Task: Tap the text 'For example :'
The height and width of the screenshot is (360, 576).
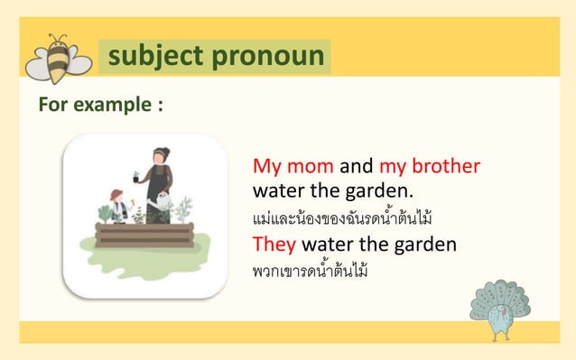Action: [99, 105]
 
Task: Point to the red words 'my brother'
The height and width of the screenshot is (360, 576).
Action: [429, 167]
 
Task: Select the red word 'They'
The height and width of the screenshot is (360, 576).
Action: [274, 245]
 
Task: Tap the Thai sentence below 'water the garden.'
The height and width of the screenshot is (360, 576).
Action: [343, 218]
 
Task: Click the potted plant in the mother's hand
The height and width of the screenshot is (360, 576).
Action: [136, 176]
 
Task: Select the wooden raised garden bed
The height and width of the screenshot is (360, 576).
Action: [144, 234]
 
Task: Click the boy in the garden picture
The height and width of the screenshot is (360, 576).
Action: [116, 206]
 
